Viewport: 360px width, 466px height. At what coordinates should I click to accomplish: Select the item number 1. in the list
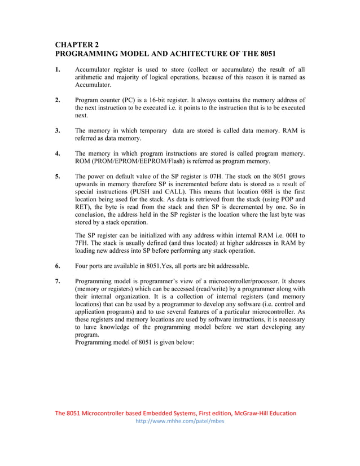click(58, 69)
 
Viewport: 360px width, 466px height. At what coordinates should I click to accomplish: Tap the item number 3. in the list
click(58, 130)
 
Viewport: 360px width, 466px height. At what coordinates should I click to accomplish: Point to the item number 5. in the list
click(58, 176)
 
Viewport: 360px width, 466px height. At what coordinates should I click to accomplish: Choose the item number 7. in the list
click(58, 281)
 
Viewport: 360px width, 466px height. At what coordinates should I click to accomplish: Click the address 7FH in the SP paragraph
click(82, 243)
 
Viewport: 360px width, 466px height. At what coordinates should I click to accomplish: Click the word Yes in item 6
click(168, 266)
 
